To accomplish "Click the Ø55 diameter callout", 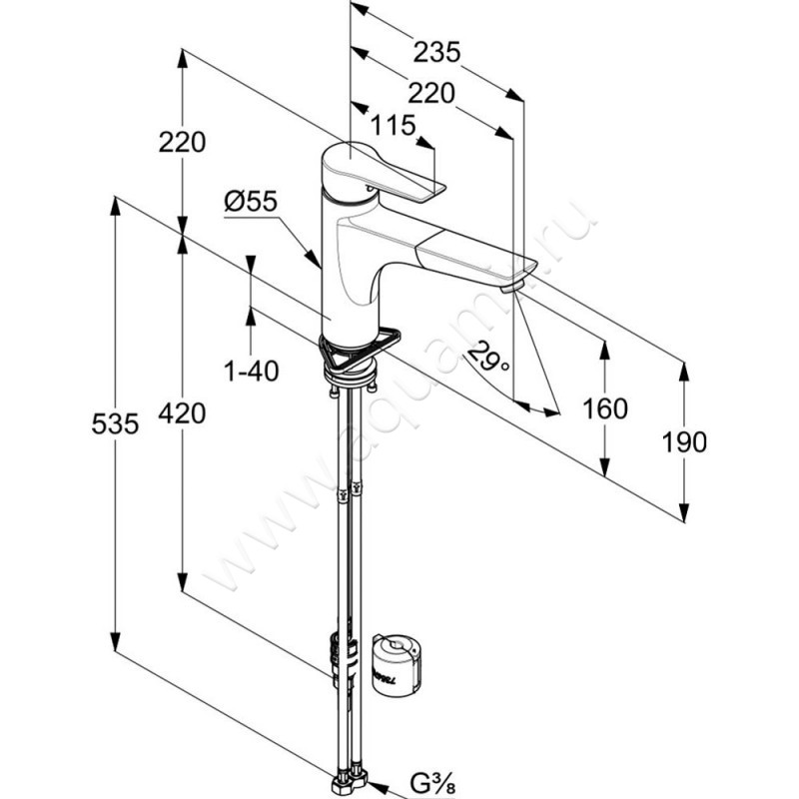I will point(250,202).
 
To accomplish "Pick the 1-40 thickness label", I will point(251,372).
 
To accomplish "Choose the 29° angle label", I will point(488,356).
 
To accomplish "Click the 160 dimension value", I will point(605,407).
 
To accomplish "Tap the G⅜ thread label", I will point(431,780).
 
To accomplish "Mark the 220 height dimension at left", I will point(182,142).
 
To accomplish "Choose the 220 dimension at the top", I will point(432,93).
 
